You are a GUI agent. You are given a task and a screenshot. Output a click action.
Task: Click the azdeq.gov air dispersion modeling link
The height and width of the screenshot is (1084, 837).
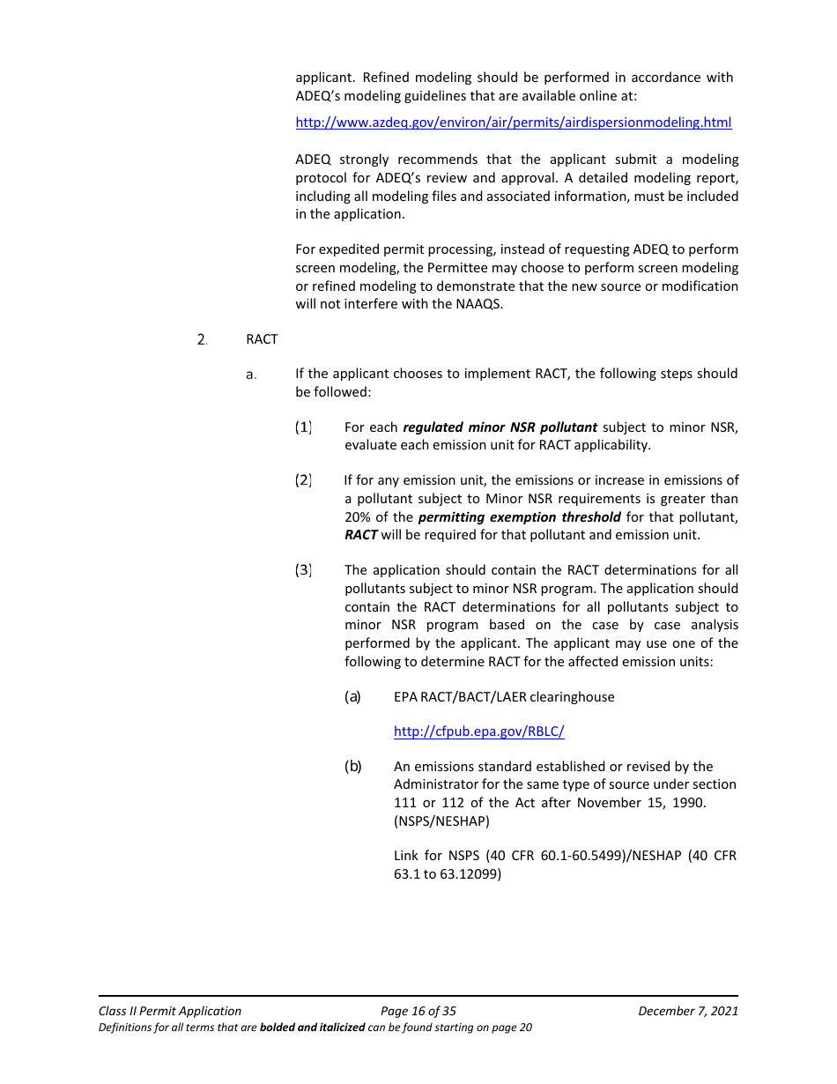click(x=513, y=123)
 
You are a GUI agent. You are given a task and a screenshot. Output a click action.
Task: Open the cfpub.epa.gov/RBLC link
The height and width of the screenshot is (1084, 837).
click(x=478, y=731)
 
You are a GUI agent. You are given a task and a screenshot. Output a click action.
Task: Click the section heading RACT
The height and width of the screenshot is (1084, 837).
click(x=262, y=339)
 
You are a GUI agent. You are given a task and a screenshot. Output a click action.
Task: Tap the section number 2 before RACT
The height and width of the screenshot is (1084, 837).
click(x=202, y=339)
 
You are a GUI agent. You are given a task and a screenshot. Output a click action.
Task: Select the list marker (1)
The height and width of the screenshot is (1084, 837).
click(x=303, y=427)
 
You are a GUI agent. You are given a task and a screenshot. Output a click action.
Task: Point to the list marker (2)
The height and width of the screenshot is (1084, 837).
click(x=303, y=480)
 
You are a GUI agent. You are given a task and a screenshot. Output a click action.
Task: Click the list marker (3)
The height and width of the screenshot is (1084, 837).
click(x=303, y=570)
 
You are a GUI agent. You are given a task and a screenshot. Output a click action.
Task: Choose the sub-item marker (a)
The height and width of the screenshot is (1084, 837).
click(x=352, y=697)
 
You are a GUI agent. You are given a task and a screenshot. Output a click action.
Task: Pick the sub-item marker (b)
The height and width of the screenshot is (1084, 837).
click(x=352, y=767)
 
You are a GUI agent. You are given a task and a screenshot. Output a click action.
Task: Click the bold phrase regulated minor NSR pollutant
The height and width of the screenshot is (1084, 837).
click(x=500, y=427)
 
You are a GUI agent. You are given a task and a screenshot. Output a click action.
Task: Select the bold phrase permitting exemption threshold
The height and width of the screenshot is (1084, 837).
click(x=519, y=517)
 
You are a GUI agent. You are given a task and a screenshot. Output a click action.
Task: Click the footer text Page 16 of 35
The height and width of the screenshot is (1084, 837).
click(x=418, y=1011)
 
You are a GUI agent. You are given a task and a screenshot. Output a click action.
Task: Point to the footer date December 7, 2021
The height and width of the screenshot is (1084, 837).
click(x=688, y=1011)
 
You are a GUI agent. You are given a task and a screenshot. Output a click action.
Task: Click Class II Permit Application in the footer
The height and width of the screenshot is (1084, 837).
click(x=170, y=1011)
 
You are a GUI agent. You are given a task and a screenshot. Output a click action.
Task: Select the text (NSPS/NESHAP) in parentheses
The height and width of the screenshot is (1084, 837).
click(x=441, y=821)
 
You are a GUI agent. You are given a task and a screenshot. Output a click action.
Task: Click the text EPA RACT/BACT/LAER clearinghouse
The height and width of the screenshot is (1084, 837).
click(x=504, y=697)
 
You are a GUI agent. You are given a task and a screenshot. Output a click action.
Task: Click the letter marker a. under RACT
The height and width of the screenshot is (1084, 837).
click(x=251, y=375)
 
